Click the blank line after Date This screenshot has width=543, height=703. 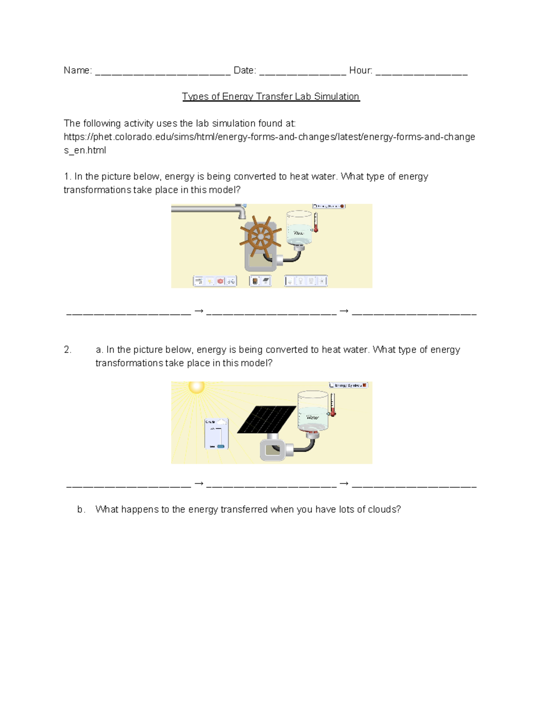point(303,72)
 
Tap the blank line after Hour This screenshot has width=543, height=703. point(421,72)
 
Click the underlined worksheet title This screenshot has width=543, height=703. point(271,96)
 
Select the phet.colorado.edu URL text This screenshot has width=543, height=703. point(269,137)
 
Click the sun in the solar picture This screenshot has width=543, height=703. point(196,387)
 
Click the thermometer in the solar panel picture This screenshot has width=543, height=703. point(333,405)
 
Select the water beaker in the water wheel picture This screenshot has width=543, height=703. point(299,228)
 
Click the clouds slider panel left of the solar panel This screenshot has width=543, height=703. point(216,433)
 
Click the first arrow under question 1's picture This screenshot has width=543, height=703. point(199,311)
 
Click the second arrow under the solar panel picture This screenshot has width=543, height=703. point(344,483)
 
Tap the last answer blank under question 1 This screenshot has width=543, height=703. point(414,313)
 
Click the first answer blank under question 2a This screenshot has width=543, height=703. point(129,486)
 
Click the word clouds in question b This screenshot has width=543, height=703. point(382,510)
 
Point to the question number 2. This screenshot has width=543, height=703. point(67,350)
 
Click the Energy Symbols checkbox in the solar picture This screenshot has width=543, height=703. point(332,385)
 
